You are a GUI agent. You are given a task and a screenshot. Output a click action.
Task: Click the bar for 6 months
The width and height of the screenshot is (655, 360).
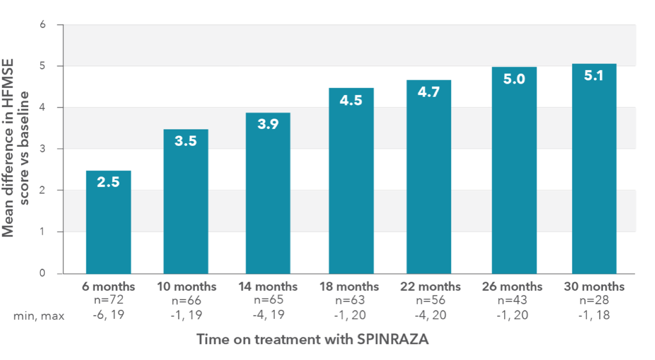coord(108,222)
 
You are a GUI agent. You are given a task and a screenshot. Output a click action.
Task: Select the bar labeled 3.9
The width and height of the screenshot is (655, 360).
coord(268,193)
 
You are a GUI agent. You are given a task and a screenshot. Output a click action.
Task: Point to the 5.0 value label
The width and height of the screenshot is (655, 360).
coord(514,79)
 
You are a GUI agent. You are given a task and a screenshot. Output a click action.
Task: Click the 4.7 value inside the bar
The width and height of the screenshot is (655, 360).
coord(429,92)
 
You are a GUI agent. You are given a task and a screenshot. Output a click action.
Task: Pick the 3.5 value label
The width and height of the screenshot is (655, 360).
coord(186,141)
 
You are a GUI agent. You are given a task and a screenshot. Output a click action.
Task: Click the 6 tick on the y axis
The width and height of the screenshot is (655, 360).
coord(42,25)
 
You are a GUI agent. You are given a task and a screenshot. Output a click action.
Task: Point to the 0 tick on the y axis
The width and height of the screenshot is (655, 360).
coord(42,273)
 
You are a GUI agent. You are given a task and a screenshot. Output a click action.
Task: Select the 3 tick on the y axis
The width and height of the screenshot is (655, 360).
coord(42,149)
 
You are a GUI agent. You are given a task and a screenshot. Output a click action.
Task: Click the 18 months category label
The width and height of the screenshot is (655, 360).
coord(349,286)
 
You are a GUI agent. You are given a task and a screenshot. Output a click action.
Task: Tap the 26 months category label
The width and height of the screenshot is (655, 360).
coord(512,286)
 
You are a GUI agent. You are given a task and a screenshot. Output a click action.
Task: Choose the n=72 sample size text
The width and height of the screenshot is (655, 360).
coord(108,300)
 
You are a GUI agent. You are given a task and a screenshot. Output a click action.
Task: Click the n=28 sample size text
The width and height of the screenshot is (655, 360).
coord(594,300)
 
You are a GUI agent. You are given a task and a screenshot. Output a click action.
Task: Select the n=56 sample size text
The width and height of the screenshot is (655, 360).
coord(430,300)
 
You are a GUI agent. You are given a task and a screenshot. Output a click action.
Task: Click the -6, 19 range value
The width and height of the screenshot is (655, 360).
coord(108,315)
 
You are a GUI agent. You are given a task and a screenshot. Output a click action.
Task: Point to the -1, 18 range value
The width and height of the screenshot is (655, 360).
coord(594,315)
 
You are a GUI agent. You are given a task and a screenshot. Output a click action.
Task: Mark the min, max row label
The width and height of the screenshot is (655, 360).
coord(39,316)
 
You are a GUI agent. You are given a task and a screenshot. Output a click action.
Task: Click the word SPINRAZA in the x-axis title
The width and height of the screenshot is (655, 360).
coord(393,339)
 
